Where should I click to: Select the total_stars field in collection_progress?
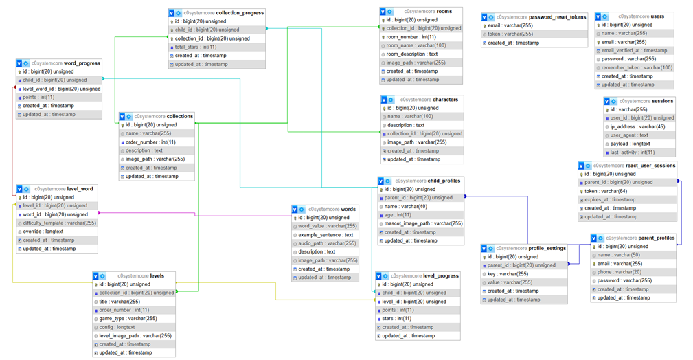195,47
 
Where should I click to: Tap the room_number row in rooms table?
411,37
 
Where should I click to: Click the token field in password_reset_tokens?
504,34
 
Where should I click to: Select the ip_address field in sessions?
637,126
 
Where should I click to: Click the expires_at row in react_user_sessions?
610,199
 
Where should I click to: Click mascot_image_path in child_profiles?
423,223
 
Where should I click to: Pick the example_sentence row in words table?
326,235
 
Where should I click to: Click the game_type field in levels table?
128,319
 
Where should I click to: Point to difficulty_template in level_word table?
59,223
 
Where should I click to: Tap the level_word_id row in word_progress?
61,89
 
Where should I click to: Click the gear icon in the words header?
302,210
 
